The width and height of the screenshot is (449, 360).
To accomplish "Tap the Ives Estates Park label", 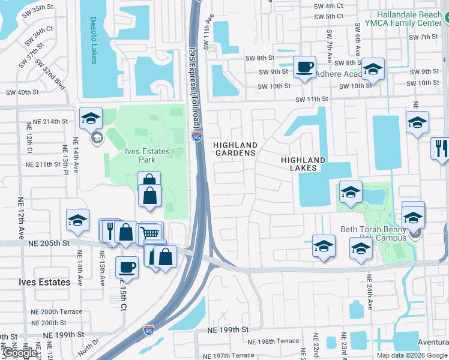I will click(131, 155).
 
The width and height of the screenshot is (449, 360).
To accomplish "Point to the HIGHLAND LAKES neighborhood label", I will click(303, 164).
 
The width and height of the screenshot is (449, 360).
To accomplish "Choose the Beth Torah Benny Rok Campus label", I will click(374, 233).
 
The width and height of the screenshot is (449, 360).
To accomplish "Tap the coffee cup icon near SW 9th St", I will click(304, 67).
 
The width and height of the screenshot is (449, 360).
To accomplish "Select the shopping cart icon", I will click(151, 232).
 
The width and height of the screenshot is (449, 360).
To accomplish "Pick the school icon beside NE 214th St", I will click(91, 118).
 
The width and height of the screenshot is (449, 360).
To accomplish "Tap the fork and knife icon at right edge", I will click(440, 148).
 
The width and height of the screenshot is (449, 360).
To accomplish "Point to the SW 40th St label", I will click(22, 92).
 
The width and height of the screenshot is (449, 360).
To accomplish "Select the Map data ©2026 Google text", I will click(411, 355).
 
